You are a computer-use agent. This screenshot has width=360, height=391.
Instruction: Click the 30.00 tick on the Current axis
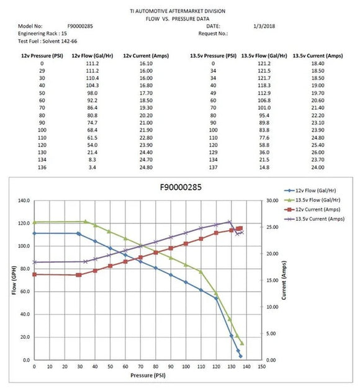click(272, 200)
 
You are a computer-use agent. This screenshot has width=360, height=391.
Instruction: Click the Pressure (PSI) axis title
click(148, 375)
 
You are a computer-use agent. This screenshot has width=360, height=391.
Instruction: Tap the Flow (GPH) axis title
click(13, 281)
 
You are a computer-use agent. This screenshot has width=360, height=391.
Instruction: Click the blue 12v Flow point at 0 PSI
click(34, 233)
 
